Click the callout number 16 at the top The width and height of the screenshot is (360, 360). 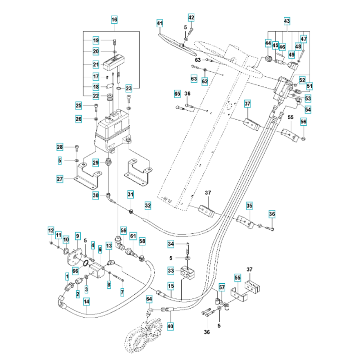(114, 20)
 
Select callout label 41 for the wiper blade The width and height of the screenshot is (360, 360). (160, 23)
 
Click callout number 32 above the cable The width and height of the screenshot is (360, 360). (148, 206)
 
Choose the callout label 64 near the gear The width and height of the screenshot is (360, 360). (149, 298)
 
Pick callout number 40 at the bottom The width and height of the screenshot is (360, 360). (170, 326)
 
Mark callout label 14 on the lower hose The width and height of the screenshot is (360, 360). (86, 302)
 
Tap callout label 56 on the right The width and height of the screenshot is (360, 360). (303, 122)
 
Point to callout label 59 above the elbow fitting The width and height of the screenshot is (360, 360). (123, 229)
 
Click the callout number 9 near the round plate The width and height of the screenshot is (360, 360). (77, 236)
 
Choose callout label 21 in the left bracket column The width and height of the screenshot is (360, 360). (96, 65)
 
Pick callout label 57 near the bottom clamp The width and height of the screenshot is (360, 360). (222, 288)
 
